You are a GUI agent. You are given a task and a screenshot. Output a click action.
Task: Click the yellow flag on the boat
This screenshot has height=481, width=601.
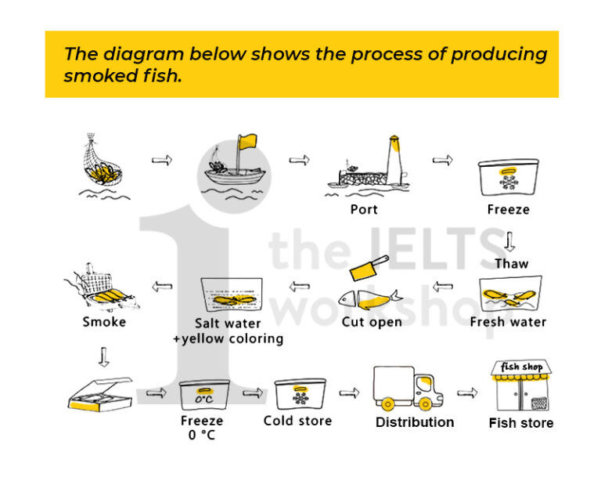click(248, 141)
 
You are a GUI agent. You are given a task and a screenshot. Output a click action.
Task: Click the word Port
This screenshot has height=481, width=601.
click(364, 209)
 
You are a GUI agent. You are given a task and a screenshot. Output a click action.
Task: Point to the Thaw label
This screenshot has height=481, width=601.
click(511, 263)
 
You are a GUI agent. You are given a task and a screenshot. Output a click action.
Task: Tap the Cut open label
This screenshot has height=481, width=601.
click(372, 322)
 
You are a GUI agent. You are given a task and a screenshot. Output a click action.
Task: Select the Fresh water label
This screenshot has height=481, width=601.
click(508, 322)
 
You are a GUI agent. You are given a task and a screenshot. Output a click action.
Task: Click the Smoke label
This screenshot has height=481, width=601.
click(104, 322)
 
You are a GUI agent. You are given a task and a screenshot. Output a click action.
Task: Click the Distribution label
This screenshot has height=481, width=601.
click(415, 422)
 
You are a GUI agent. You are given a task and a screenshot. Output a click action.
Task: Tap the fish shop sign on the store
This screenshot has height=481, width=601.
click(521, 367)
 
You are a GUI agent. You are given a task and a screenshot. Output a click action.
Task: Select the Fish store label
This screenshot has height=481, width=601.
click(521, 423)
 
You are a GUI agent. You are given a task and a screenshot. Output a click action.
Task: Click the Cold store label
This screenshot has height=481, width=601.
click(297, 421)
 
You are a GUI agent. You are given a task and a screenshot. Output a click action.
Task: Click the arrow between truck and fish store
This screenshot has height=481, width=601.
click(467, 392)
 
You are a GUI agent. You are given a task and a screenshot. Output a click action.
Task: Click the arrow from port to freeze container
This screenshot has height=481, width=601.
click(442, 161)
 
